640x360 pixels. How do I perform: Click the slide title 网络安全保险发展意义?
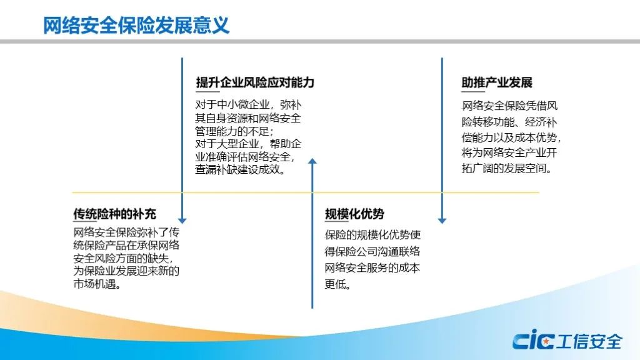tap(136, 25)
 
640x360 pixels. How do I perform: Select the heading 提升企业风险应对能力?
tap(255, 82)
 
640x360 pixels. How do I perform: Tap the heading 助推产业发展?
tap(497, 82)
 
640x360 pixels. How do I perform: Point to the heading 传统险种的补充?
tap(115, 214)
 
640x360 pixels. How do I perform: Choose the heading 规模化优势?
tap(354, 214)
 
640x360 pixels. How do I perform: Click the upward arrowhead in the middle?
tap(312, 161)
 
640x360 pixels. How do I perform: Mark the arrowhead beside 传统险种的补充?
tap(182, 221)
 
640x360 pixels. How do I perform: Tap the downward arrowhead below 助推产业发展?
tap(442, 221)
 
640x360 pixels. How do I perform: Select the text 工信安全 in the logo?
tap(589, 341)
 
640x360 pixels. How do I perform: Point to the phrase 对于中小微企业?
tap(232, 105)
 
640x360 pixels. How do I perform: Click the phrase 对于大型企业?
tap(227, 144)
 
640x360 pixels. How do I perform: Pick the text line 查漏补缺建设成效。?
tap(241, 169)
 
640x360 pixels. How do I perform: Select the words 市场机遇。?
tap(97, 284)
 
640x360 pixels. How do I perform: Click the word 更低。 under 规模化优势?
tap(338, 284)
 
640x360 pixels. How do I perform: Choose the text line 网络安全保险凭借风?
tap(509, 106)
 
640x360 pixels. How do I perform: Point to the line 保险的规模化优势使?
tap(372, 235)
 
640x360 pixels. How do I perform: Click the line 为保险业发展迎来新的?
tap(126, 271)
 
